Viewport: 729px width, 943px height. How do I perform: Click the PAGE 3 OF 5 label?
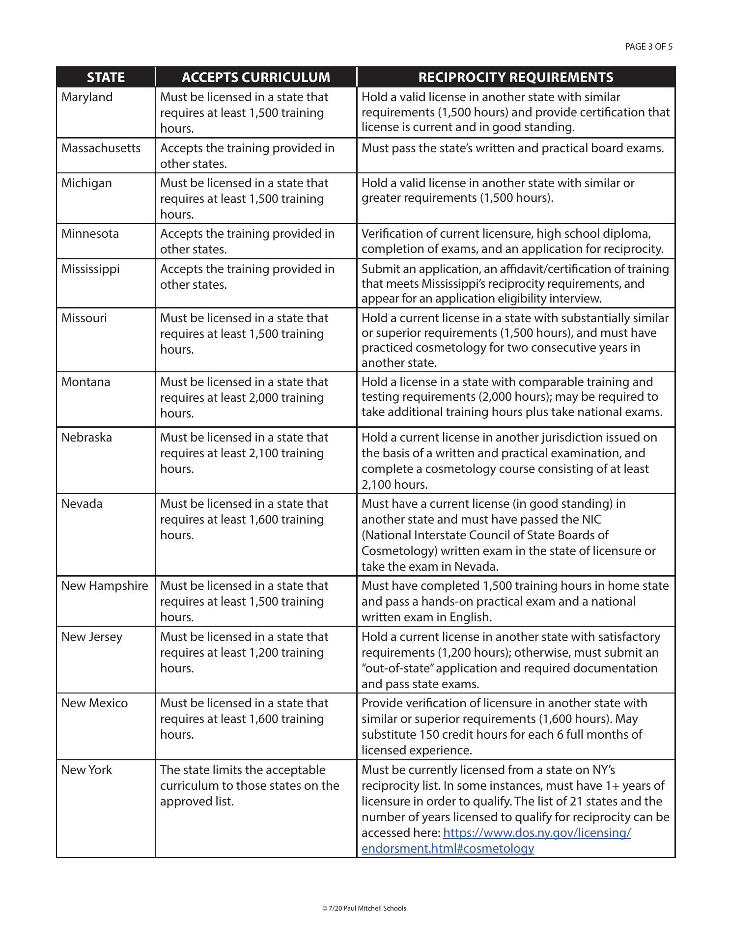point(648,47)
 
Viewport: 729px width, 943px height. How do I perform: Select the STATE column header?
point(106,78)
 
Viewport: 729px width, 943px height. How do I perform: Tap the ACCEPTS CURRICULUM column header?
point(255,78)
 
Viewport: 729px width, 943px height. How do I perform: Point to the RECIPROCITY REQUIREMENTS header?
point(515,78)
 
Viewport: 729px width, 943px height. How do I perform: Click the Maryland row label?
point(87,97)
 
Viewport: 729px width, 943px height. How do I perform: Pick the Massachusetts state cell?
point(101,148)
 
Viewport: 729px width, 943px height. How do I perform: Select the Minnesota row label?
point(90,234)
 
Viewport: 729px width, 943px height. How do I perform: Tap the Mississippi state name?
point(90,269)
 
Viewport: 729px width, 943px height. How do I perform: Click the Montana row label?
point(86,382)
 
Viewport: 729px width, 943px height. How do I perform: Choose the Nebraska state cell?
point(86,438)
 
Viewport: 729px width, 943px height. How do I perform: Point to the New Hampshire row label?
point(105,586)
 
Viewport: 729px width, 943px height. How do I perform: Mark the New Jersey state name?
point(92,637)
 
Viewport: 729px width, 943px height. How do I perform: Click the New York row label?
point(86,770)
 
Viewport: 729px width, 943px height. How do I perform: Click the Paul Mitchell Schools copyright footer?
point(364,908)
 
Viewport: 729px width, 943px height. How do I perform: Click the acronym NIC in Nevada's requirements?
point(591,520)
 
